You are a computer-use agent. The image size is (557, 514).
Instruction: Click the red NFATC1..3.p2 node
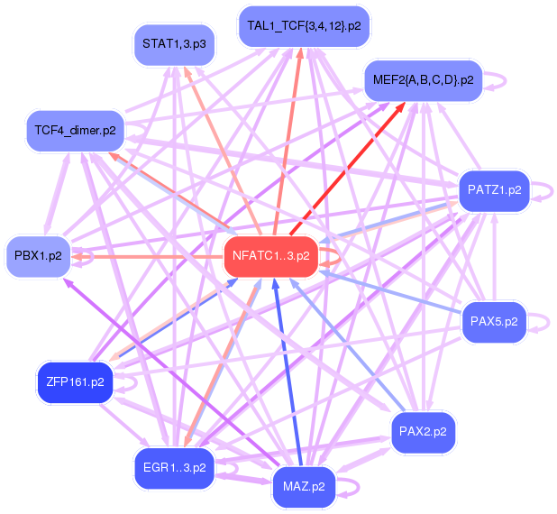click(270, 255)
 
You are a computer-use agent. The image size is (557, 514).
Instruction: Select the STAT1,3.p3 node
click(173, 43)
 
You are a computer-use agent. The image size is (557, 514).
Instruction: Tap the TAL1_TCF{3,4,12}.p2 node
click(304, 26)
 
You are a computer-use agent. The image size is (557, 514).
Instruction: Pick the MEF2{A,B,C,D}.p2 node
click(422, 80)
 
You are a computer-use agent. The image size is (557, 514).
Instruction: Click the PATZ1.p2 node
click(494, 190)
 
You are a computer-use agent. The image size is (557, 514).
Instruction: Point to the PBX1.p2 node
click(38, 255)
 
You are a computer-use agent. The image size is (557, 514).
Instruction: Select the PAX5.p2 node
click(494, 320)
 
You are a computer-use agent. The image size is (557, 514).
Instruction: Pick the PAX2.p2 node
click(423, 432)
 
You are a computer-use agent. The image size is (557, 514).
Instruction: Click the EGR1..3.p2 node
click(173, 468)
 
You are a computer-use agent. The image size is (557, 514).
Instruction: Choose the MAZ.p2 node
click(304, 487)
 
